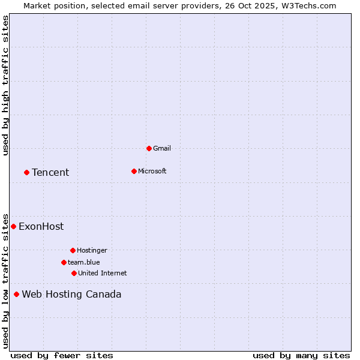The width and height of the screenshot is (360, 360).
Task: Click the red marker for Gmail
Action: point(149,148)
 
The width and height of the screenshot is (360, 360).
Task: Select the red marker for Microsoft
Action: point(134,171)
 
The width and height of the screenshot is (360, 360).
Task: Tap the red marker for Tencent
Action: point(26,172)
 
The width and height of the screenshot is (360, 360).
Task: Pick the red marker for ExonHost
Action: point(13,226)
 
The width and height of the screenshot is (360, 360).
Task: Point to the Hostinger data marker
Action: point(73,250)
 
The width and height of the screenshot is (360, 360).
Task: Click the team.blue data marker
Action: point(64,262)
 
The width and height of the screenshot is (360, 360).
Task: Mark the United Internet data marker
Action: point(74,273)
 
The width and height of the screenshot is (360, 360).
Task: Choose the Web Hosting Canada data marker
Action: point(16,294)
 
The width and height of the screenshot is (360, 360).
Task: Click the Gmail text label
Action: point(162,148)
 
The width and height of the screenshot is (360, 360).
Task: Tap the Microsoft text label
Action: point(152,171)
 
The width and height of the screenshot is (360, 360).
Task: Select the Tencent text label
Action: point(50,173)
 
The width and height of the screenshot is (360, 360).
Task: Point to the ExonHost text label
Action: point(41,227)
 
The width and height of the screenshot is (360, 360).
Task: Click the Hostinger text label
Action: point(92,250)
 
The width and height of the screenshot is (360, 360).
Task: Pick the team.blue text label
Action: point(84,262)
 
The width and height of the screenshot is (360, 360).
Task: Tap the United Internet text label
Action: point(103,273)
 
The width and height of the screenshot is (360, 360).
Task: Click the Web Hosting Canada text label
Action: point(71,295)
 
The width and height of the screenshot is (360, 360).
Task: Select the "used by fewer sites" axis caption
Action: point(62,355)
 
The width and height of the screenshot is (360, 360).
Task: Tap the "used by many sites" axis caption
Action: point(301,355)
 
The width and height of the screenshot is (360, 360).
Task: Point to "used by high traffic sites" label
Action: point(5,85)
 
